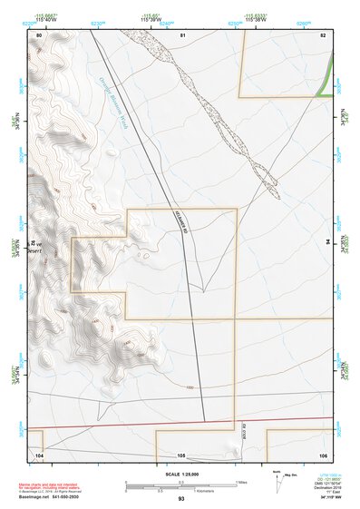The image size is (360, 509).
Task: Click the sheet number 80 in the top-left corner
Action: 39,34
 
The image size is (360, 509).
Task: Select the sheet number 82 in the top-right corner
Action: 322,34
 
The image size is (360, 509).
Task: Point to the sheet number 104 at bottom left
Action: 39,455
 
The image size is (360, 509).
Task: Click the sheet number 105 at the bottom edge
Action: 181,455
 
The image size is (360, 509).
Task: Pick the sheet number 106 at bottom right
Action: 322,455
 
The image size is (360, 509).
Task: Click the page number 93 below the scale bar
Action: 181,499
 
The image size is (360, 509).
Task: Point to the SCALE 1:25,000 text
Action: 180,475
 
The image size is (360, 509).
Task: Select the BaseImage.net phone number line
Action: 48,497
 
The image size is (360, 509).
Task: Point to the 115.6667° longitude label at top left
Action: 45,16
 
